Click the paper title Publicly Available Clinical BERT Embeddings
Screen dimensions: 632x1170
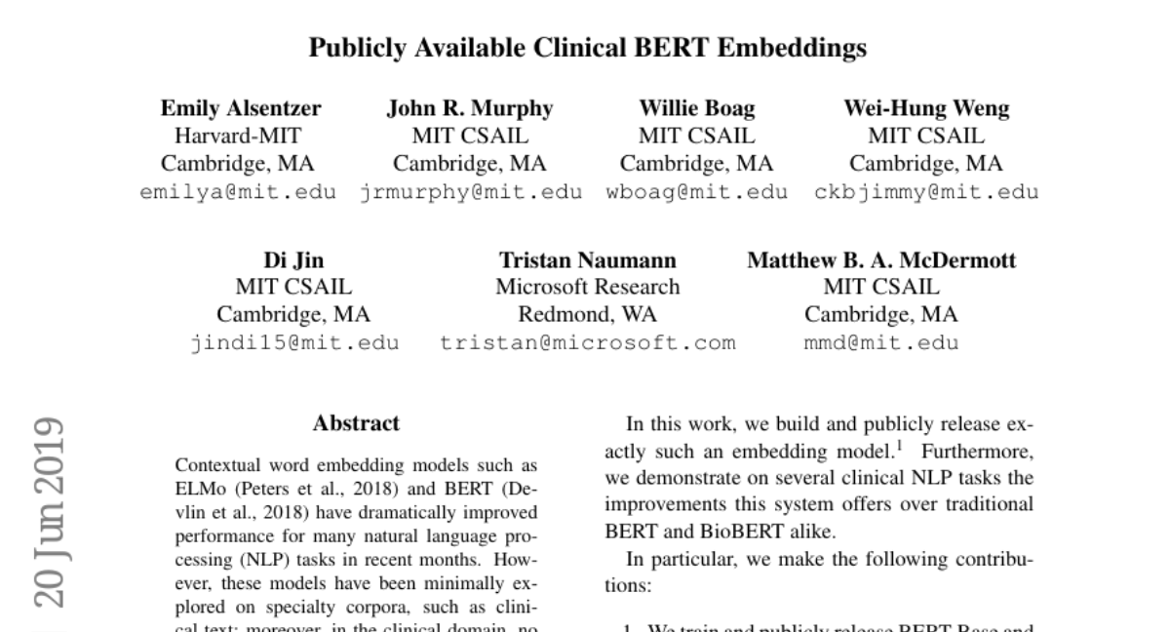587,48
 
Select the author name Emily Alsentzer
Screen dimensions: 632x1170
240,108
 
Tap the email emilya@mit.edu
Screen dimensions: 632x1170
239,192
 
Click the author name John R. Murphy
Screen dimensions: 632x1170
470,108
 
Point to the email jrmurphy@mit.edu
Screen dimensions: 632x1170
471,192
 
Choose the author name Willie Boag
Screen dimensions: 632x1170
697,108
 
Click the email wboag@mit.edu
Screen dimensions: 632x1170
697,192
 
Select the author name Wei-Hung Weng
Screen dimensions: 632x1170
926,108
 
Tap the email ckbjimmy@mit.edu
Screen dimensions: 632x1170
926,192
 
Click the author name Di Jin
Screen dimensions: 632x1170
293,260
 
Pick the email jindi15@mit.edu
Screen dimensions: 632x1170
293,343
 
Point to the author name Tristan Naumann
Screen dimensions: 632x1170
588,260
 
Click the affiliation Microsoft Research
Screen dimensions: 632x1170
588,288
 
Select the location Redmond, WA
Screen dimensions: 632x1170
588,315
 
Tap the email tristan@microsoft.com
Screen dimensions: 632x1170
588,343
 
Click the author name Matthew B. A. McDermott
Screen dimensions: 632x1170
881,260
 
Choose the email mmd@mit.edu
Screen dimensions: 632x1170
881,343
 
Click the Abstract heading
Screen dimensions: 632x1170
356,423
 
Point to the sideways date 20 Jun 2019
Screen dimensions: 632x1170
48,512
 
